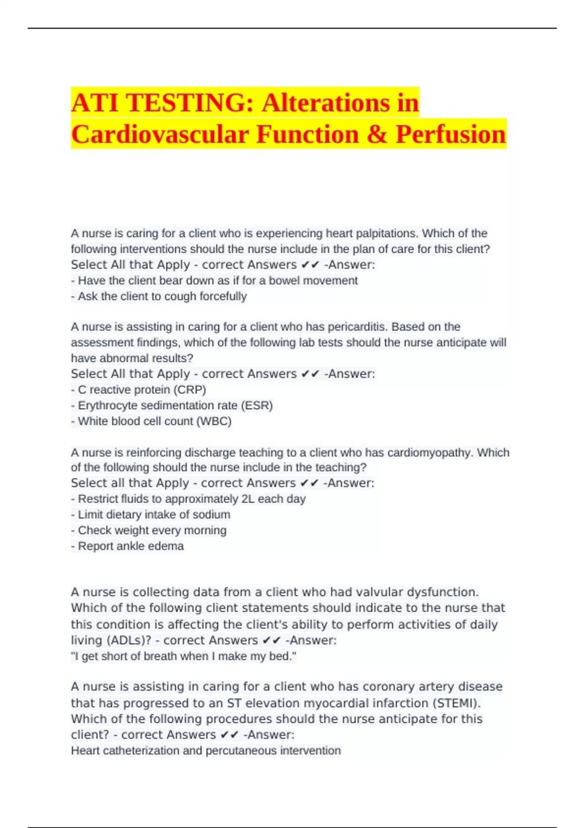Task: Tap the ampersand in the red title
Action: tap(377, 134)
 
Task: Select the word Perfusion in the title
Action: tap(451, 134)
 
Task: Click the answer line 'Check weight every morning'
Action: tap(149, 530)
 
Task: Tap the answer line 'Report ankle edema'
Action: tap(128, 546)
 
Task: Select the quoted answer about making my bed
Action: tap(183, 656)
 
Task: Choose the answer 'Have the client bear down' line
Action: tap(214, 281)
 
